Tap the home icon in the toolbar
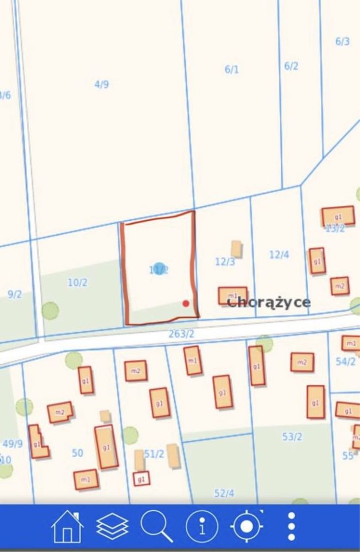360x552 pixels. [67, 526]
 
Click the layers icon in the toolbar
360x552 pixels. [112, 526]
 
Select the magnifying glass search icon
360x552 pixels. [156, 526]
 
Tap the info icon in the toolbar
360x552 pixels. [202, 526]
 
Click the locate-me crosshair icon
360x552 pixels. [247, 526]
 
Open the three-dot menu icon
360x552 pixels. [292, 526]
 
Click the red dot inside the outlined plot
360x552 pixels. [186, 303]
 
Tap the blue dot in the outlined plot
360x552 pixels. [159, 269]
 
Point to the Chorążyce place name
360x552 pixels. [269, 302]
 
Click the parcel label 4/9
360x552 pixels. [102, 85]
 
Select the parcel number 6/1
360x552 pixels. [232, 70]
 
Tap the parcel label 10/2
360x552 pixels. [78, 282]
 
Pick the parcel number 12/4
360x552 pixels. [279, 254]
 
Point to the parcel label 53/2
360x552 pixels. [292, 436]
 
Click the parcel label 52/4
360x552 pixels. [224, 493]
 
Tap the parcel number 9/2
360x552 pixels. [14, 294]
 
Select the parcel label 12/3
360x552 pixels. [225, 262]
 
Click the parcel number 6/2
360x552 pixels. [292, 66]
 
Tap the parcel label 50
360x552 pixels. [78, 453]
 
